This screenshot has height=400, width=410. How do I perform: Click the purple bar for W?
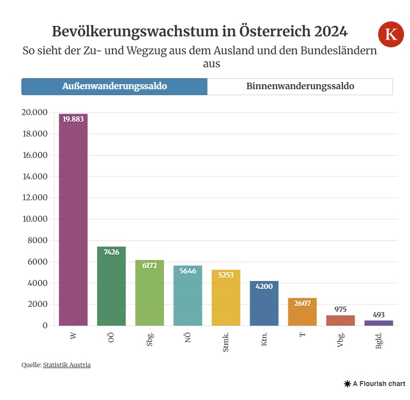73,219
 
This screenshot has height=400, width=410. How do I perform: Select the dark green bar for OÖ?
111,286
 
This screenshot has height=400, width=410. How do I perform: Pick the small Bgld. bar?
379,323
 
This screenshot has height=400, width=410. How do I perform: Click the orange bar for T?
302,312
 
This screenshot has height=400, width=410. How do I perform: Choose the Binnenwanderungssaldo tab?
300,86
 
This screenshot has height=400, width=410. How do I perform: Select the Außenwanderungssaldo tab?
114,86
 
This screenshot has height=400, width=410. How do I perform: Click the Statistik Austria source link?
67,365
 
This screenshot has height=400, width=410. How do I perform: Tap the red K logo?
391,34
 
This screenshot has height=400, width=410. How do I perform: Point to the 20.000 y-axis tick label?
34,113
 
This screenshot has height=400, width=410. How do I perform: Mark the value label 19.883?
73,119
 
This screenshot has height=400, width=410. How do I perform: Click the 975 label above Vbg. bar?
340,309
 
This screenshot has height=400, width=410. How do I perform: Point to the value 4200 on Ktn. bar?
264,286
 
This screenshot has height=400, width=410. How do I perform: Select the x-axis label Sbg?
149,339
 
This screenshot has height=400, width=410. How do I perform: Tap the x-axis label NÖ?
188,337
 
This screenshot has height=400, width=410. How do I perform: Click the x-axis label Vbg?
341,339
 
